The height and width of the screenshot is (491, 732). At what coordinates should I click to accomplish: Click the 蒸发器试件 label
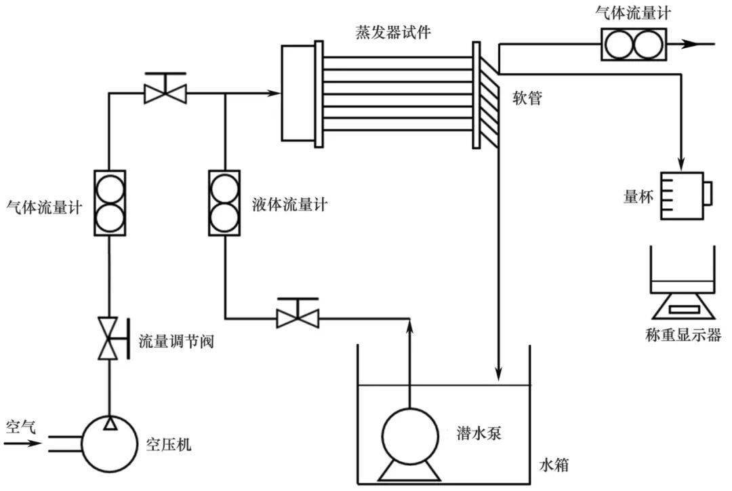point(393,32)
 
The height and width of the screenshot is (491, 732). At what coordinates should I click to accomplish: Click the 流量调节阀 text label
point(176,341)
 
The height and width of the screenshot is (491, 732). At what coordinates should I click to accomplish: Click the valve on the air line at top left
point(165,90)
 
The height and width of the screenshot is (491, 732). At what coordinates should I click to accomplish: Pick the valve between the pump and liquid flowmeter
point(298,315)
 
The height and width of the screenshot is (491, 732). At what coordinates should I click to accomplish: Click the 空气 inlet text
point(21,427)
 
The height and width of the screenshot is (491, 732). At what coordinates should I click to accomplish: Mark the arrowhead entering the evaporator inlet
point(274,93)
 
